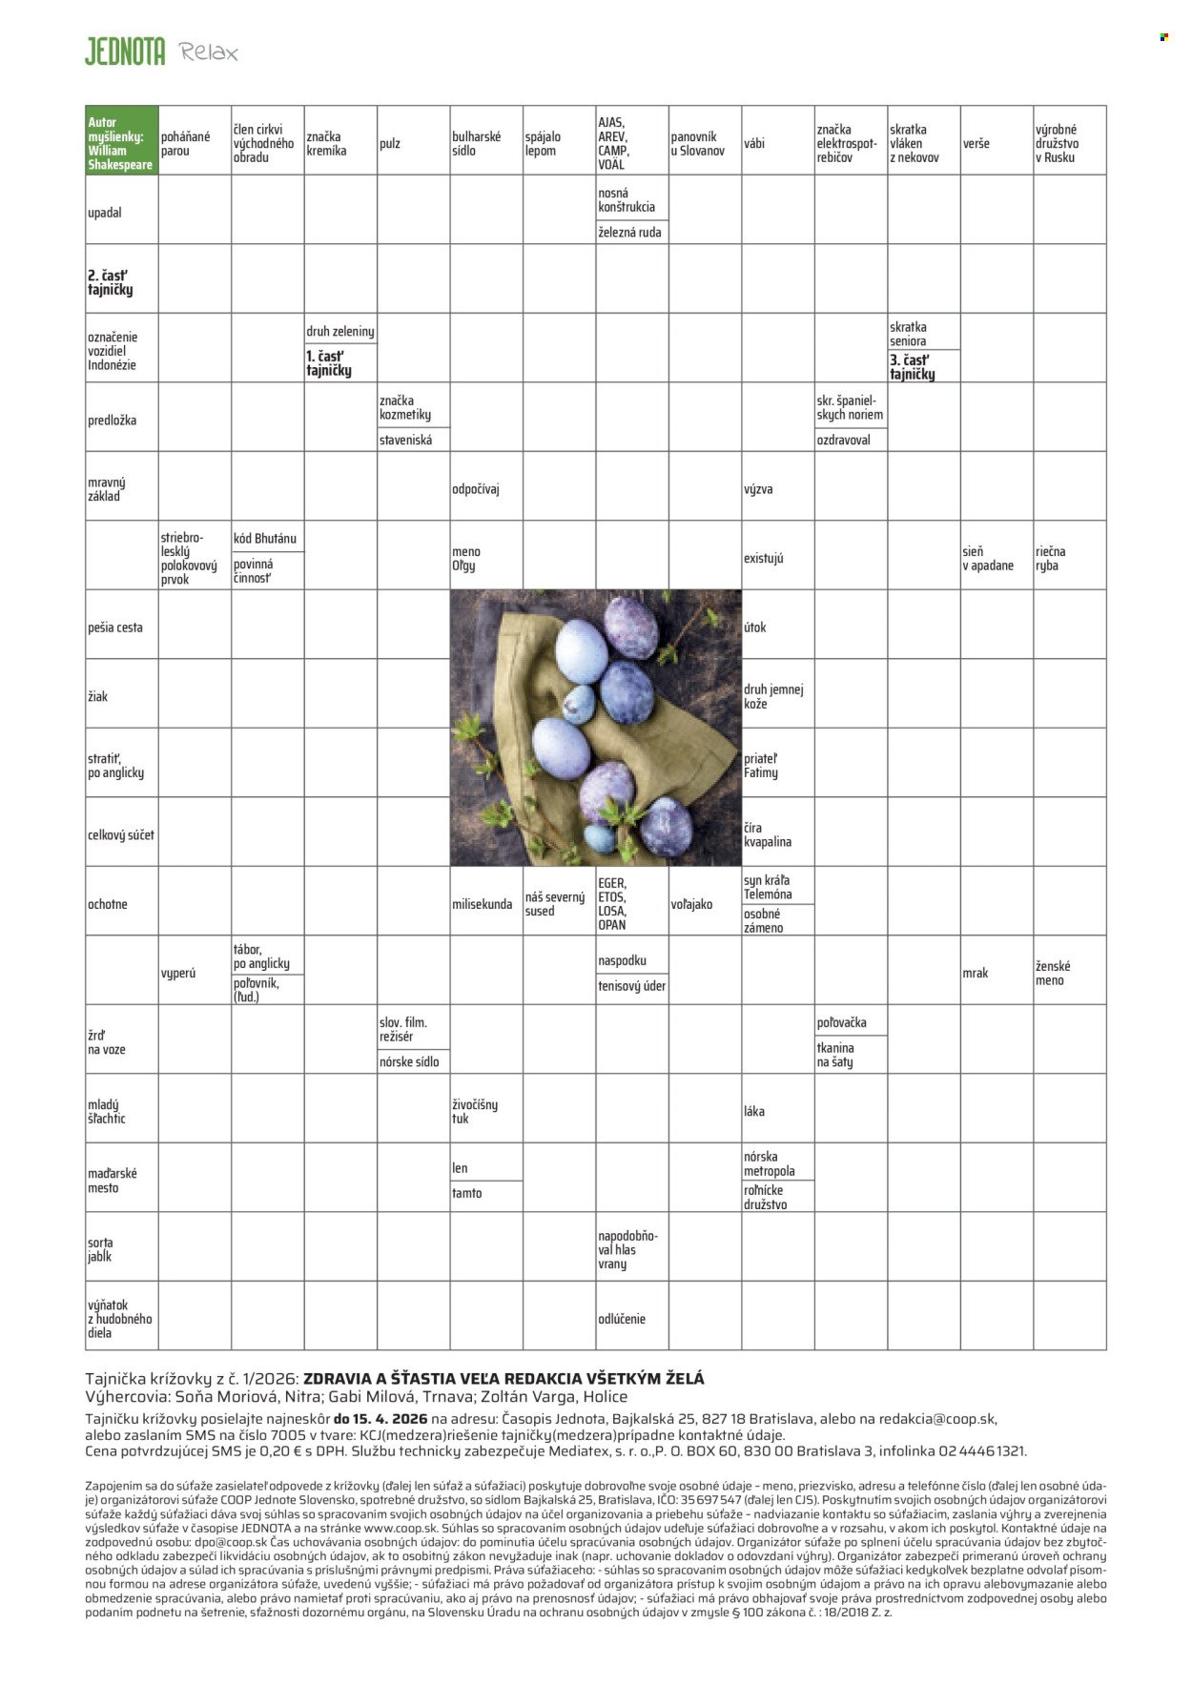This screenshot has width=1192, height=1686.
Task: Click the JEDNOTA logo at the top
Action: [x=125, y=51]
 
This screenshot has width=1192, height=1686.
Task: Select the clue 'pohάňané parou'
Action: [x=186, y=144]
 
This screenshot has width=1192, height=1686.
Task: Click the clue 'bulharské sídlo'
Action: [x=477, y=144]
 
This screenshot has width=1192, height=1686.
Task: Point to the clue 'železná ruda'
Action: [x=629, y=232]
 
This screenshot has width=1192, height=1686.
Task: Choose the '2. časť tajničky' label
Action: [x=111, y=282]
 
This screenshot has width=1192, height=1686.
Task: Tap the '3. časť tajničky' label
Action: [x=913, y=367]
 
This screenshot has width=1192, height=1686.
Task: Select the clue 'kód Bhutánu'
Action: [x=264, y=538]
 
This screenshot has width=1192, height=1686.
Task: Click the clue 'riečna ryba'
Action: [x=1051, y=559]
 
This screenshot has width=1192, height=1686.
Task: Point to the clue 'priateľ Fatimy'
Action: [x=762, y=766]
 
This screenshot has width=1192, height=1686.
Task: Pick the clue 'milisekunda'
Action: [x=482, y=904]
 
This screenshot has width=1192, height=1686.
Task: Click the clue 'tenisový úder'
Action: [x=631, y=986]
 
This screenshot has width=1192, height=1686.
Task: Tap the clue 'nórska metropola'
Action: [x=770, y=1163]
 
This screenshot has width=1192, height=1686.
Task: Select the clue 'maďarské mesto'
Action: [x=113, y=1181]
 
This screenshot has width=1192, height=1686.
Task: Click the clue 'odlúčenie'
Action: [x=622, y=1319]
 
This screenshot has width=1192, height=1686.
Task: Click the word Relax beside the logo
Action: [x=209, y=52]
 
